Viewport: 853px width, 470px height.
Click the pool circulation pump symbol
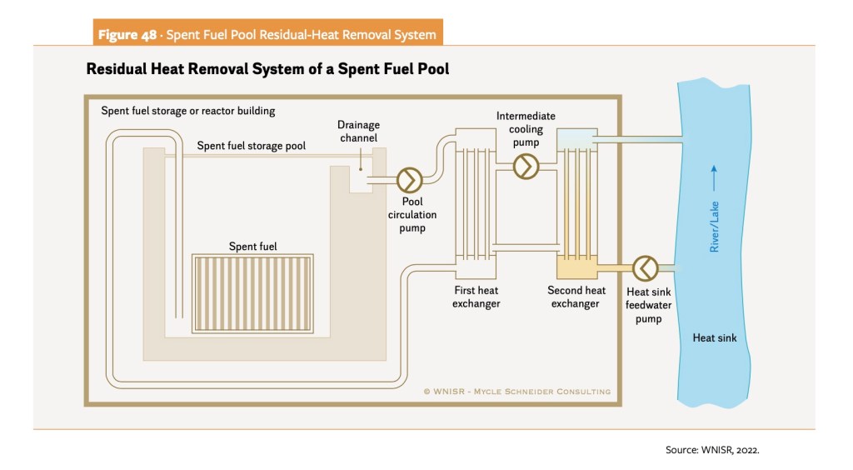click(410, 179)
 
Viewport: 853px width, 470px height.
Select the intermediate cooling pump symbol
click(526, 167)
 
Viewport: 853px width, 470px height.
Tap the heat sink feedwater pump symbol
click(645, 267)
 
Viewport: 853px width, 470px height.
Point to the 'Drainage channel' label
click(359, 132)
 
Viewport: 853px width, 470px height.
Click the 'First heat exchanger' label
click(476, 297)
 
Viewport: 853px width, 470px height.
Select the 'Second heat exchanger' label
click(576, 297)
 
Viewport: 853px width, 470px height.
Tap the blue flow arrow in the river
click(713, 177)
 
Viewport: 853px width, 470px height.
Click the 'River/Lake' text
click(714, 226)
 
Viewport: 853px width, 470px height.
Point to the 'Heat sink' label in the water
click(715, 338)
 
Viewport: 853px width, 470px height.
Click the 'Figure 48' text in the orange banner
click(130, 34)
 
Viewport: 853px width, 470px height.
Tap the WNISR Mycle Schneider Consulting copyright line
click(516, 391)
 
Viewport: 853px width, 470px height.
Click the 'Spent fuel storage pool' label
click(251, 146)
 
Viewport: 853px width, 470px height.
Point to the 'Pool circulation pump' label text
click(412, 215)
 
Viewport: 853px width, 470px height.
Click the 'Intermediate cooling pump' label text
click(526, 129)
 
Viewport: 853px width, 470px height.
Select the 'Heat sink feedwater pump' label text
click(648, 305)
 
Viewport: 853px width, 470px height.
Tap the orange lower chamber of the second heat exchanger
click(576, 267)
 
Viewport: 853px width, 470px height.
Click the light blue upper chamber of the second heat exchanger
click(576, 137)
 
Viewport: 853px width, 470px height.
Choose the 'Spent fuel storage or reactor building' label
click(187, 111)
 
